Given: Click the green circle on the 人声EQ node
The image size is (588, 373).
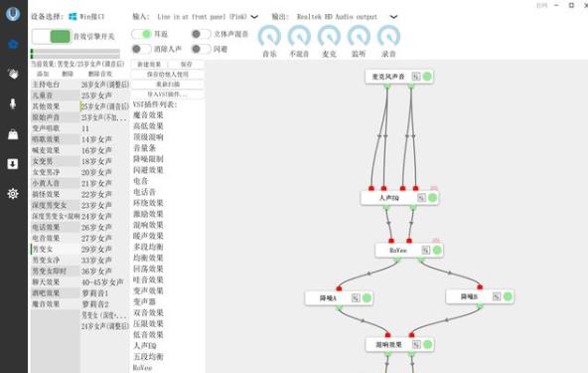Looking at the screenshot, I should click(x=427, y=198).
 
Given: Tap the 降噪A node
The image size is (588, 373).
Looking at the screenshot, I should click(x=329, y=296).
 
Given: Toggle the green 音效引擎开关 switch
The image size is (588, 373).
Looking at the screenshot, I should click(x=51, y=37).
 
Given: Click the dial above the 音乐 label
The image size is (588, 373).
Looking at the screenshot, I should click(x=269, y=36).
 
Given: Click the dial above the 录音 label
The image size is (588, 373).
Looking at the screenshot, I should click(x=388, y=36).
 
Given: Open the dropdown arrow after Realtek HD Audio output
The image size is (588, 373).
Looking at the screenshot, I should click(x=394, y=17).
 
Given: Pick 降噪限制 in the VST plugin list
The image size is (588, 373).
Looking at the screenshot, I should click(x=149, y=159).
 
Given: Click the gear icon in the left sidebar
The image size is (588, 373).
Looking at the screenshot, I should click(x=13, y=193).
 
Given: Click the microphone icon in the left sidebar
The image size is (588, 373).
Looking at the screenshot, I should click(x=13, y=103).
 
